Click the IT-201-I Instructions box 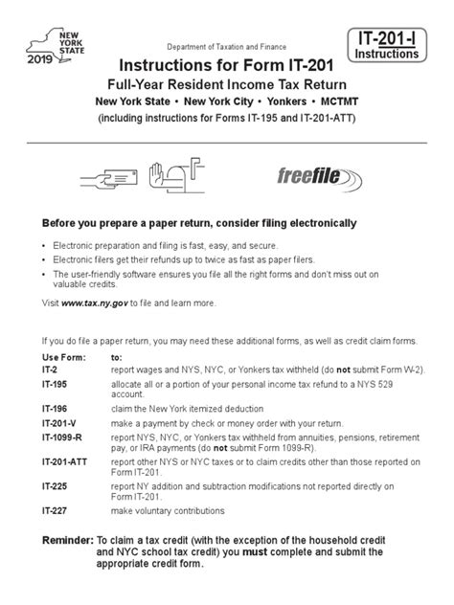point(387,45)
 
